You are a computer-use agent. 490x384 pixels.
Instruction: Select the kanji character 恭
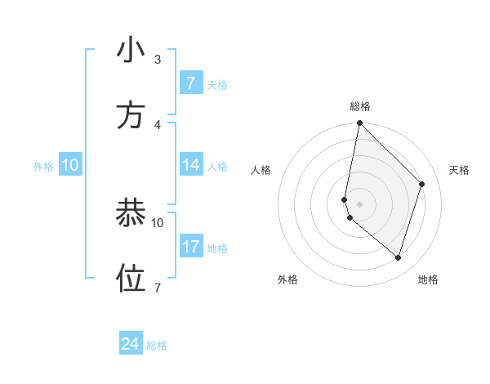click(x=131, y=213)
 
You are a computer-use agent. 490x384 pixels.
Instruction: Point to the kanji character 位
click(x=131, y=279)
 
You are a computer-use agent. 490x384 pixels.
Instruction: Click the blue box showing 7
click(x=190, y=83)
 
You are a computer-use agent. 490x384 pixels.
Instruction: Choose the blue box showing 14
click(x=190, y=165)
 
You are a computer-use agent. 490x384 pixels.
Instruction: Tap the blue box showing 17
click(x=190, y=247)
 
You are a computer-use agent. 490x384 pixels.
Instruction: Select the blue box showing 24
click(x=131, y=345)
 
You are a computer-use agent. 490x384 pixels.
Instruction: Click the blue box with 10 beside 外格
click(x=70, y=165)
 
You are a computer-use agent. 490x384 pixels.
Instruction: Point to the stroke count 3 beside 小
click(x=158, y=60)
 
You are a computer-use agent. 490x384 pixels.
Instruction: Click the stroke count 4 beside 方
click(x=158, y=124)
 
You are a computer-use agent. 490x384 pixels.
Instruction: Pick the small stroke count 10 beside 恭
click(x=158, y=222)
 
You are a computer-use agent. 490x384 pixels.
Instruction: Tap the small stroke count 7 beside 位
click(x=158, y=288)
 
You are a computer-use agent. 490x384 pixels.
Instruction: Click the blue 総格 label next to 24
click(x=157, y=346)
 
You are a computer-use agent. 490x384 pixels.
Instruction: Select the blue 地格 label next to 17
click(x=217, y=248)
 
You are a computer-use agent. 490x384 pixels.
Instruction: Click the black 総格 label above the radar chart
click(x=360, y=106)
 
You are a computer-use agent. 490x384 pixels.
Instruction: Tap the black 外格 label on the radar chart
click(x=287, y=280)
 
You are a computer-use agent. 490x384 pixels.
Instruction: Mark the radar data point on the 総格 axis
click(x=360, y=123)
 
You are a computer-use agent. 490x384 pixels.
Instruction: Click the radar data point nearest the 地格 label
click(x=399, y=258)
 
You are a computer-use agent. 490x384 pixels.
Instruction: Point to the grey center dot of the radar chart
click(x=360, y=203)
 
